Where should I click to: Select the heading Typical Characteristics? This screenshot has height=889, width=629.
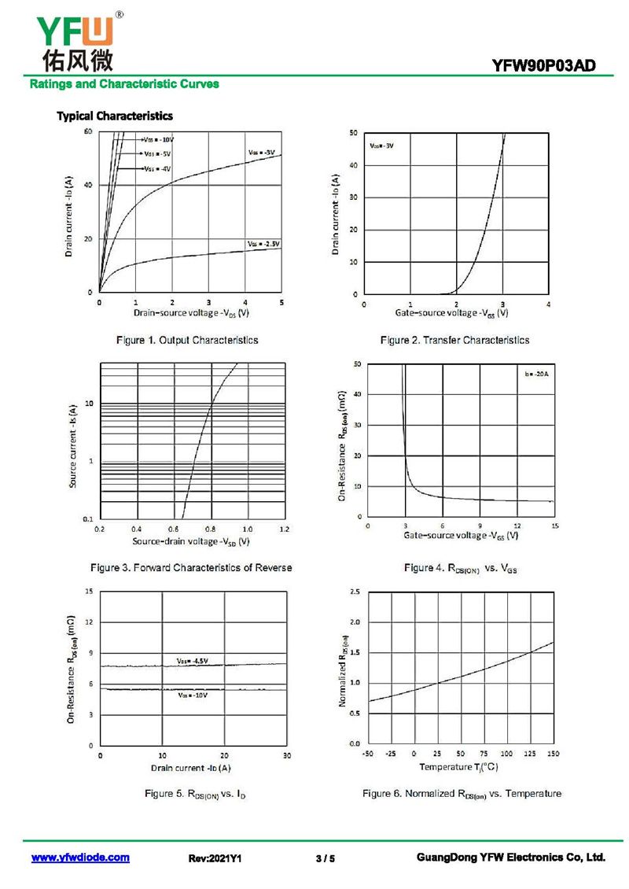pos(115,116)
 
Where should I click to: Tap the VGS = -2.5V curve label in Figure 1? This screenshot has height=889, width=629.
pos(263,245)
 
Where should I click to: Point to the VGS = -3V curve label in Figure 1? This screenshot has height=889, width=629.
pos(261,152)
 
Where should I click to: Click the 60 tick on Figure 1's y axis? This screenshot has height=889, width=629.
pos(89,131)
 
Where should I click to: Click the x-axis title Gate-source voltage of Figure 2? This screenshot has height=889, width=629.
pos(451,313)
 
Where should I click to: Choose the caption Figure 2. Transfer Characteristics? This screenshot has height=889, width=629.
pos(454,340)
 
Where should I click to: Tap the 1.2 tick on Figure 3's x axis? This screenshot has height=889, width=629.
pos(284,529)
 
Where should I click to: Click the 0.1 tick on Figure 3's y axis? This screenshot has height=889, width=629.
pos(88,519)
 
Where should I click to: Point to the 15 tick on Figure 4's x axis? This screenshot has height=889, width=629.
pos(554,526)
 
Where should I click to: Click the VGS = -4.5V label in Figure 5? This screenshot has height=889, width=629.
pos(192,661)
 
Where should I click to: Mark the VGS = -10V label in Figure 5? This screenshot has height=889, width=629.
pos(192,695)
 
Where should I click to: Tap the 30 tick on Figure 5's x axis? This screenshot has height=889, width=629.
pos(287,755)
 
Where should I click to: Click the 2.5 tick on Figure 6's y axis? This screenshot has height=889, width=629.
pos(355,591)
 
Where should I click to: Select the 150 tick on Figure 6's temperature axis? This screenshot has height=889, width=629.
pos(554,754)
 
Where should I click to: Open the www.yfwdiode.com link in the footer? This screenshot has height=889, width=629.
pos(80,858)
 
